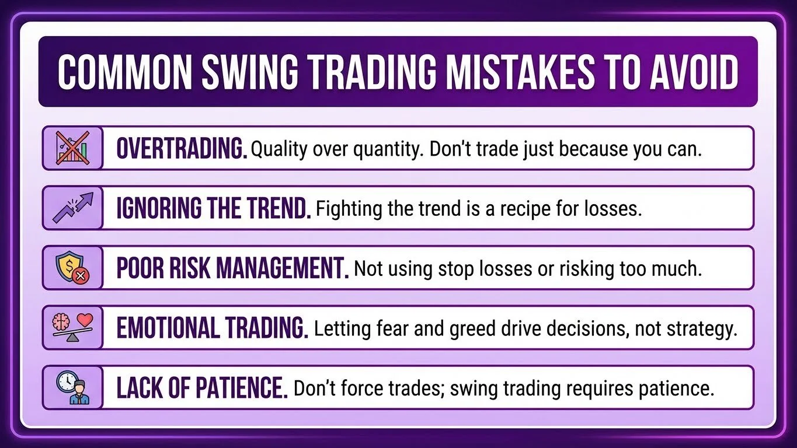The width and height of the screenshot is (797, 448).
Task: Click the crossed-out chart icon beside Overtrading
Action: (72, 148)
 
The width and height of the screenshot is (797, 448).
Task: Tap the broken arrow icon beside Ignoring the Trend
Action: (72, 208)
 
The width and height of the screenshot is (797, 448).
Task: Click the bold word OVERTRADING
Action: (182, 149)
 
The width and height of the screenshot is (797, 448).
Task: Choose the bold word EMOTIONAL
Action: (165, 329)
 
